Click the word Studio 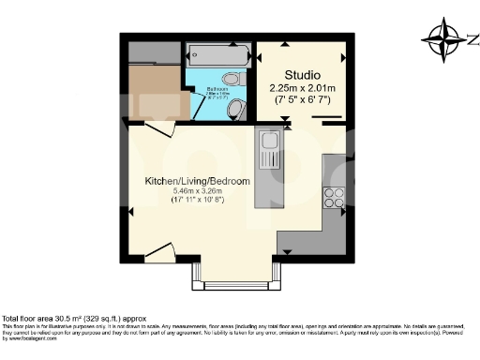click(x=303, y=75)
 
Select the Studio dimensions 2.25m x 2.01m click(x=303, y=88)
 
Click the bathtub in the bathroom click(x=217, y=53)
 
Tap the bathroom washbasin click(x=235, y=110)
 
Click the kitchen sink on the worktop click(x=269, y=149)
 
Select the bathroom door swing click(x=202, y=105)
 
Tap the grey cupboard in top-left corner click(x=150, y=51)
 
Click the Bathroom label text click(x=215, y=90)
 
